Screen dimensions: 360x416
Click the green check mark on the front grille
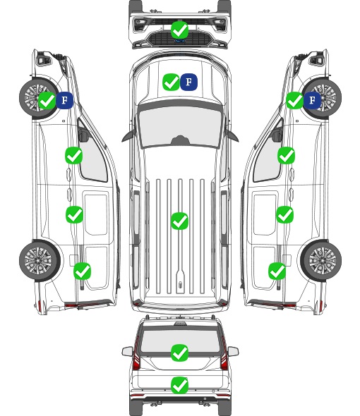point(179,30)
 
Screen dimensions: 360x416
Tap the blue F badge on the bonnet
point(188,82)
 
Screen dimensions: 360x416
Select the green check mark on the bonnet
point(171,82)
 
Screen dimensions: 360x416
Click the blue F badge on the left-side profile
point(64,100)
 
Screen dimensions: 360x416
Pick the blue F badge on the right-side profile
point(313,100)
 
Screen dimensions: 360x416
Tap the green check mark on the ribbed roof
point(179,221)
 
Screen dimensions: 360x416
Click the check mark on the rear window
point(179,353)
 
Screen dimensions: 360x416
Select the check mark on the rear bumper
point(179,385)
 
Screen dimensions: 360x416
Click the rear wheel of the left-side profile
point(40,261)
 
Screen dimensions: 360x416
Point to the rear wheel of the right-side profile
point(321,261)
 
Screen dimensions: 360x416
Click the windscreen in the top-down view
point(180,127)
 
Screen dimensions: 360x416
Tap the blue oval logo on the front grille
point(179,41)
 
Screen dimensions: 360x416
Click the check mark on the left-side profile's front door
point(73,155)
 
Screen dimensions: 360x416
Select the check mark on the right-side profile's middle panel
point(284,214)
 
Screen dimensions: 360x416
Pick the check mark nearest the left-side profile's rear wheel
point(82,271)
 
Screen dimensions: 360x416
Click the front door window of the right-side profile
point(268,157)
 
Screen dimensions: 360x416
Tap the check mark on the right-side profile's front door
point(286,155)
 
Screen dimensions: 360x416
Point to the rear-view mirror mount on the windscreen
point(180,140)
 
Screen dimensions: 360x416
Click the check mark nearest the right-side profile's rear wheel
point(277,271)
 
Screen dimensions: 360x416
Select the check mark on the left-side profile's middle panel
point(74,214)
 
